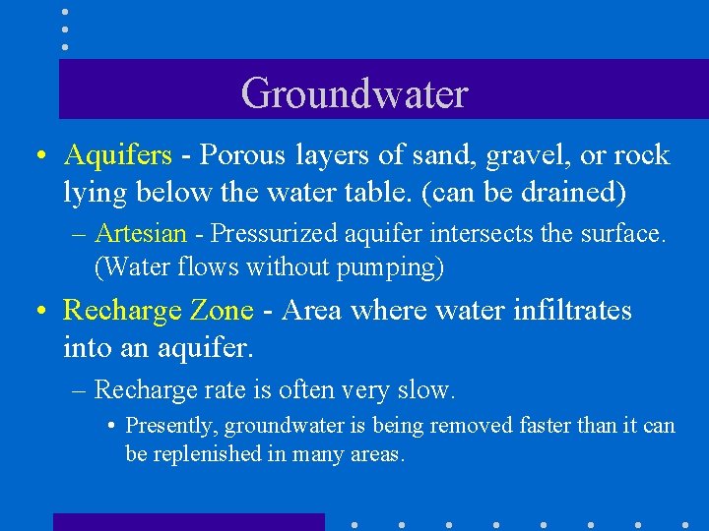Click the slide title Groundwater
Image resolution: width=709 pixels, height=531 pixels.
pos(354,93)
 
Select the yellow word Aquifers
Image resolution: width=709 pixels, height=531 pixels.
pos(118,156)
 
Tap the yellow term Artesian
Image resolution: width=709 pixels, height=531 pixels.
pos(141,234)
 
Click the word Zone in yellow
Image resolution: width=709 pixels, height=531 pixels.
pos(222,311)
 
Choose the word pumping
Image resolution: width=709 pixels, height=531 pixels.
pos(397,267)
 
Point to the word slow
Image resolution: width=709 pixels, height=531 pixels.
pos(429,390)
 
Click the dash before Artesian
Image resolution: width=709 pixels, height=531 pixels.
pos(79,234)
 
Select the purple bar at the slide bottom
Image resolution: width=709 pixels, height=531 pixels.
pos(188,522)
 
